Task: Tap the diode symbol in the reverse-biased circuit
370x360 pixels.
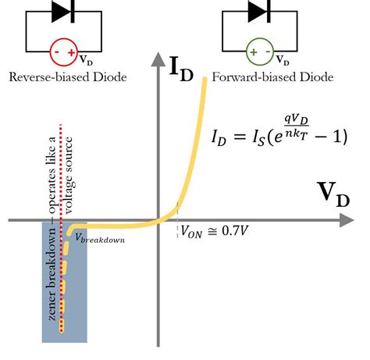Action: [63, 12]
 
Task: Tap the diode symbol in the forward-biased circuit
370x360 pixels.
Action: [259, 12]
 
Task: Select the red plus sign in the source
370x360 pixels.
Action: [72, 52]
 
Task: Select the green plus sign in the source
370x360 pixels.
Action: [254, 52]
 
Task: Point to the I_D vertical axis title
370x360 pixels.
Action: [181, 68]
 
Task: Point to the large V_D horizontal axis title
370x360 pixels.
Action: [333, 194]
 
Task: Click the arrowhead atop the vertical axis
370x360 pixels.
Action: [158, 59]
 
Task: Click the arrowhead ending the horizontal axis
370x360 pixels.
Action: [347, 220]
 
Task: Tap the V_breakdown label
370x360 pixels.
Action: [100, 238]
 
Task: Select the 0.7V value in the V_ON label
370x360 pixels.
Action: [235, 230]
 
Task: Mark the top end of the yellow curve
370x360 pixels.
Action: [205, 79]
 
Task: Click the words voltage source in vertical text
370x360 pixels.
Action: [69, 176]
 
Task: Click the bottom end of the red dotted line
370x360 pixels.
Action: [62, 331]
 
